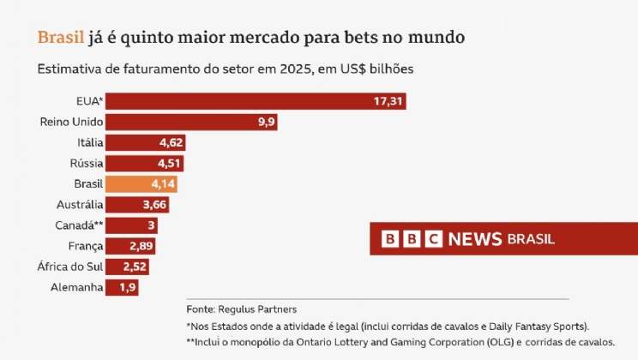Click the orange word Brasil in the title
pyautogui.click(x=61, y=38)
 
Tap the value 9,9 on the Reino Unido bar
pyautogui.click(x=266, y=123)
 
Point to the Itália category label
pyautogui.click(x=89, y=143)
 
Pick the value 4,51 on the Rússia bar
pyautogui.click(x=166, y=164)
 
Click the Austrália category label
pyautogui.click(x=80, y=205)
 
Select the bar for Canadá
pyautogui.click(x=131, y=225)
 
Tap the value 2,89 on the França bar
pyautogui.click(x=141, y=246)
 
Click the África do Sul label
pyautogui.click(x=71, y=267)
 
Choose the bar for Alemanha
pyautogui.click(x=122, y=287)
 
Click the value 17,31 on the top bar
pyautogui.click(x=388, y=102)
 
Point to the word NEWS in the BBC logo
pyautogui.click(x=475, y=238)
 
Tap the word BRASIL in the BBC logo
pyautogui.click(x=531, y=238)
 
